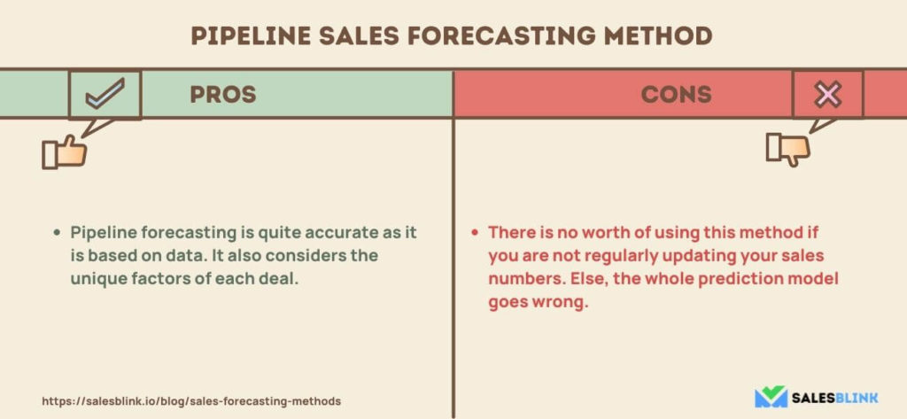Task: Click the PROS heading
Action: (223, 94)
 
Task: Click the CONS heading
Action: (676, 94)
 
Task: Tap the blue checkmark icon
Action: (105, 94)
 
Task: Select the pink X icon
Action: (828, 95)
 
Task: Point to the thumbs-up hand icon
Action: (64, 152)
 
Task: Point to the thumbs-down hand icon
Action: (787, 149)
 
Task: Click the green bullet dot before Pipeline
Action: (57, 233)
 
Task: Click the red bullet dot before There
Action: (475, 233)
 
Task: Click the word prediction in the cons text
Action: (747, 279)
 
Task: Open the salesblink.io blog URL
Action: (191, 400)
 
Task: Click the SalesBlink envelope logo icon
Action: (771, 397)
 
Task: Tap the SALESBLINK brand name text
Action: (835, 398)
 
